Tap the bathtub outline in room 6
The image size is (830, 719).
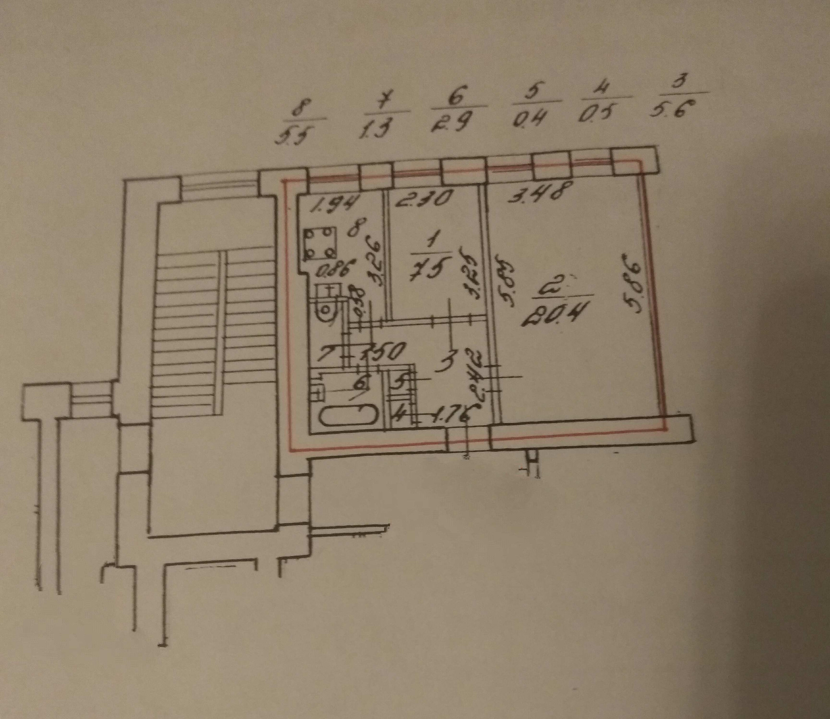pyautogui.click(x=348, y=416)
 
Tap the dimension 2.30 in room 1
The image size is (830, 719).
pyautogui.click(x=424, y=199)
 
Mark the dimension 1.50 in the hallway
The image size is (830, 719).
pyautogui.click(x=384, y=352)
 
